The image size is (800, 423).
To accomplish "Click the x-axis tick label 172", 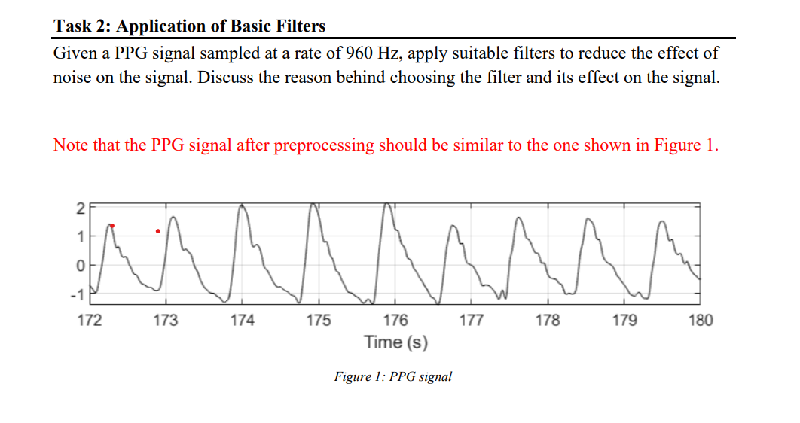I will [90, 321].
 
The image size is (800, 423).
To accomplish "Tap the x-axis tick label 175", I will [318, 321].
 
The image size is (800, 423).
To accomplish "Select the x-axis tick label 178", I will [547, 321].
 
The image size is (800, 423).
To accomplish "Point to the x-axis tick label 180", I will [700, 321].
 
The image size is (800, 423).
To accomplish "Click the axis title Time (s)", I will [395, 343].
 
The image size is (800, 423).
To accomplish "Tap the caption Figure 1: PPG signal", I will [392, 376].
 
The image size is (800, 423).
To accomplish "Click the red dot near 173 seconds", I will [157, 231].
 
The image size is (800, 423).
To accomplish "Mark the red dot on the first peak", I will [112, 225].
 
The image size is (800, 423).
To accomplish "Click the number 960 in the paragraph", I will [361, 53].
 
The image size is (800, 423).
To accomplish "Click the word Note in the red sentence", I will [71, 145].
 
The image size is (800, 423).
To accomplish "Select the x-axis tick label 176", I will [395, 321].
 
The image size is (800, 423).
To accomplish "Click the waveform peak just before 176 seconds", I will [386, 203].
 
